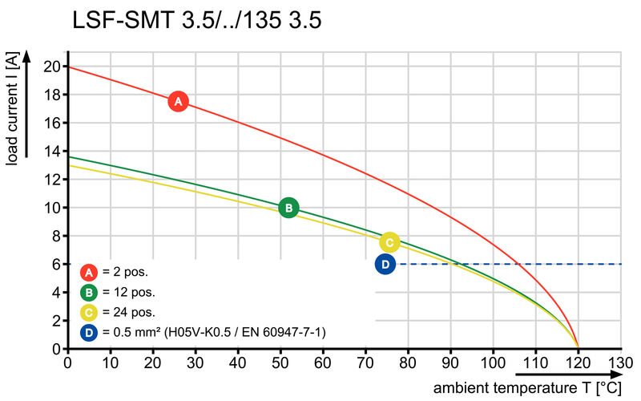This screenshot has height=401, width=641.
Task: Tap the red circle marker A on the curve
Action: (x=178, y=102)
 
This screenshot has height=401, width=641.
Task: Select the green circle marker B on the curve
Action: (x=288, y=209)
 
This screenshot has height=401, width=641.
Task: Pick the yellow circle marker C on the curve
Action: (x=389, y=242)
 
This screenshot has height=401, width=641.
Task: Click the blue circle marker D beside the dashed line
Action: (x=385, y=264)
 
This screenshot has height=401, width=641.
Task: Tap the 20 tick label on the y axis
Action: (x=52, y=67)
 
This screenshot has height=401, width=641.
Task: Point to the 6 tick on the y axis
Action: (x=56, y=264)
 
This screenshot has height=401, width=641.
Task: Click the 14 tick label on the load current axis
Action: (x=52, y=151)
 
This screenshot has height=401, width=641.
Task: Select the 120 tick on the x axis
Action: (x=579, y=363)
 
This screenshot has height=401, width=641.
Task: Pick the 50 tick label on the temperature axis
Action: (x=280, y=363)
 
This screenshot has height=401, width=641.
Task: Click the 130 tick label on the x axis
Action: (x=621, y=363)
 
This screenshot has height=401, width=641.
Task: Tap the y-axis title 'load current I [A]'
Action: (x=14, y=109)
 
